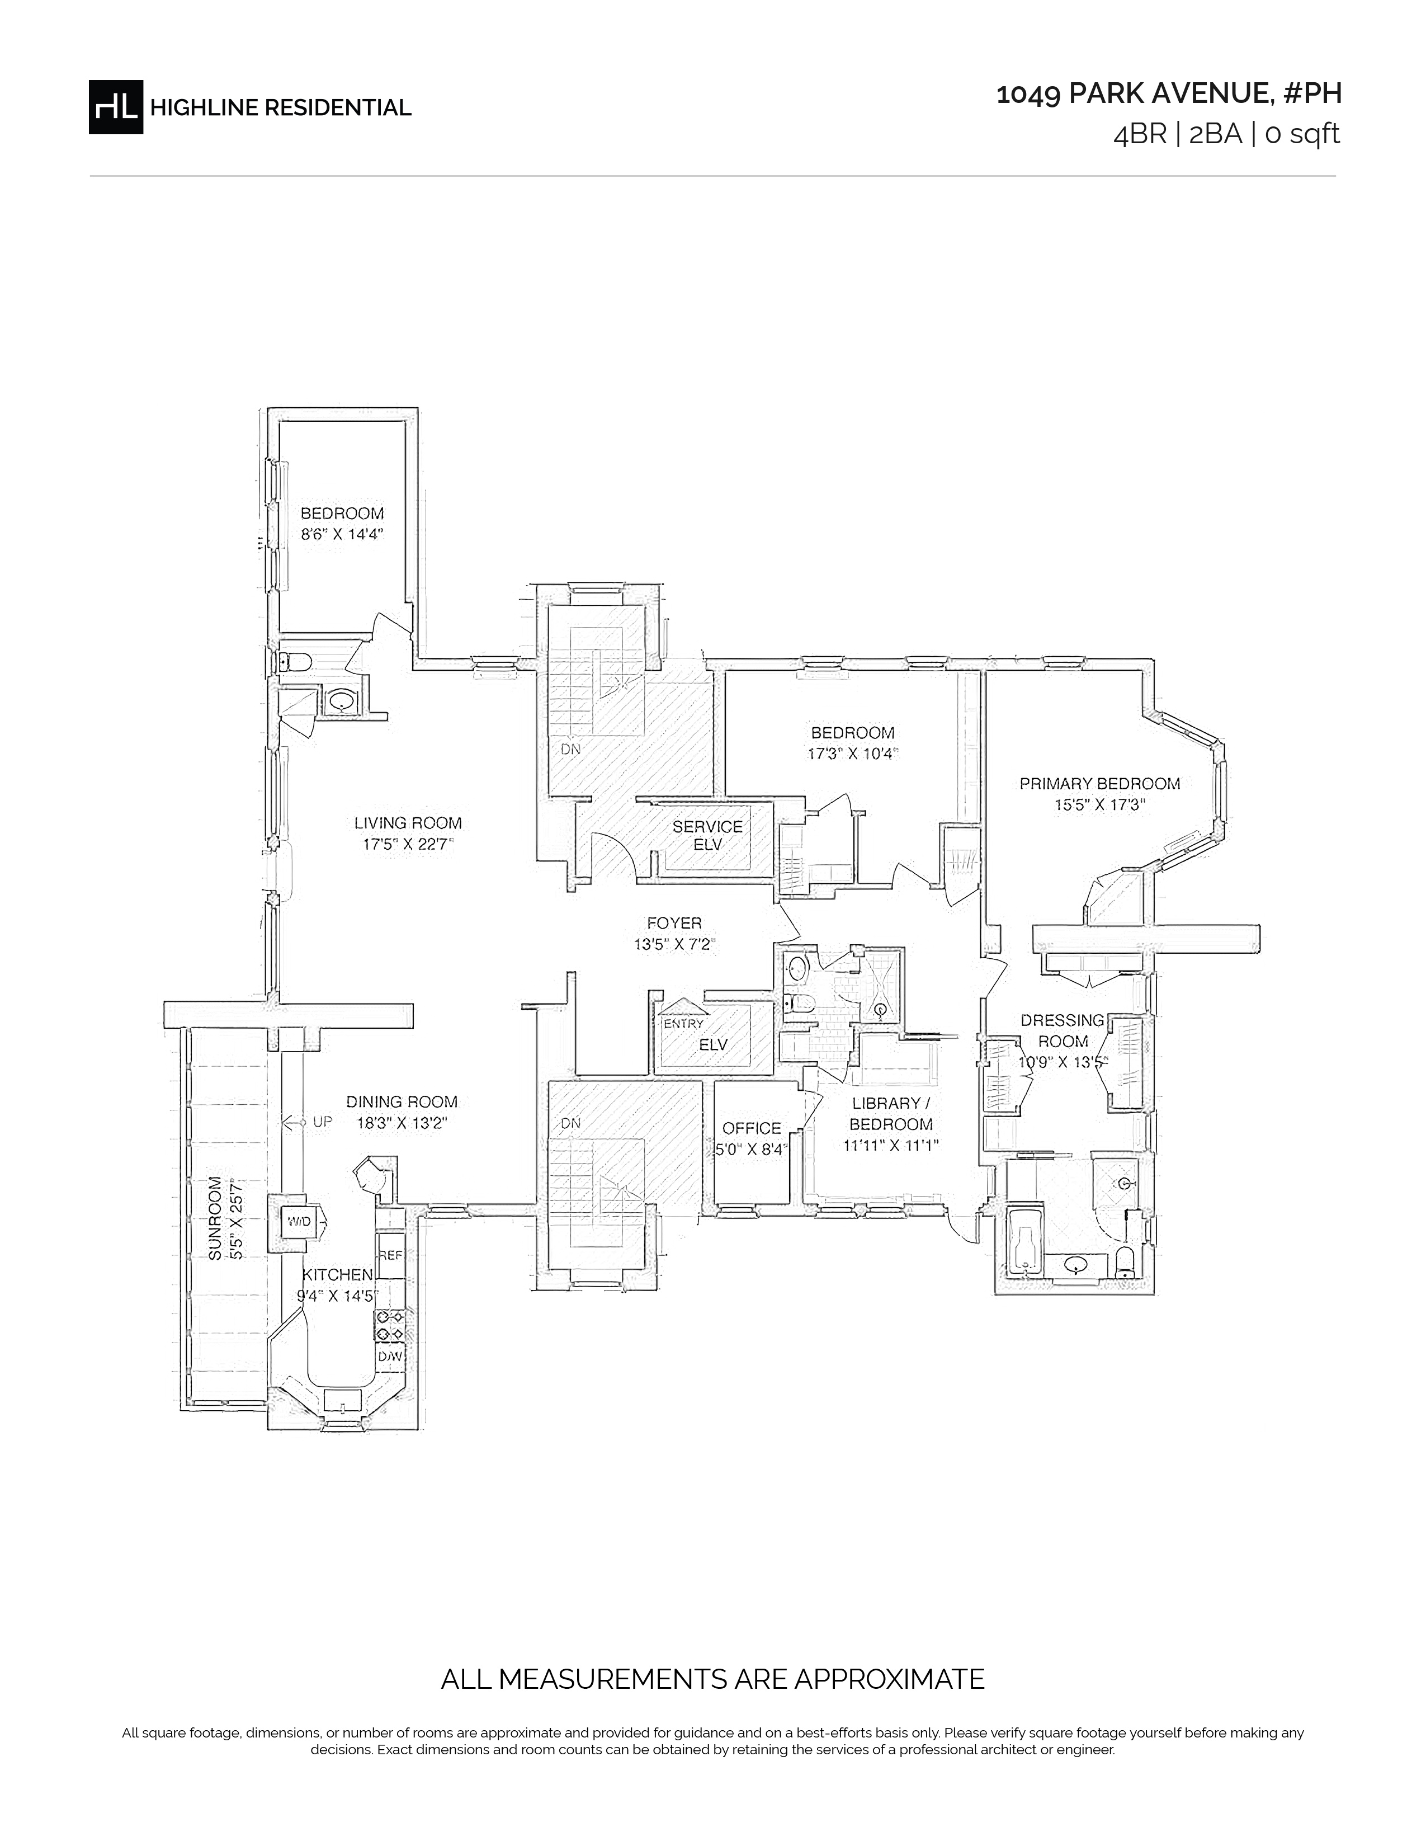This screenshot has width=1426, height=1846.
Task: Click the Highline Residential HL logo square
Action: pos(116,106)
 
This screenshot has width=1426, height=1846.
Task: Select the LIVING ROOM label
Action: pos(408,822)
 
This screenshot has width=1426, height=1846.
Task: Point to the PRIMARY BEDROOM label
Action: pos(1099,784)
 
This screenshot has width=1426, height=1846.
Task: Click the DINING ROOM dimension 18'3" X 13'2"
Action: pos(402,1123)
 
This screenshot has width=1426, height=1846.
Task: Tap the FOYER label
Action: pos(674,923)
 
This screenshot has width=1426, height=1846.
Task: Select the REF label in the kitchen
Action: pos(391,1255)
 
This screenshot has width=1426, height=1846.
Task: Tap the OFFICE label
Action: pos(752,1128)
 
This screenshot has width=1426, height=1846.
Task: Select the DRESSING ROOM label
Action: pos(1062,1030)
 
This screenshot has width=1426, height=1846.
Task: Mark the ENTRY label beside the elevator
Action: pos(683,1024)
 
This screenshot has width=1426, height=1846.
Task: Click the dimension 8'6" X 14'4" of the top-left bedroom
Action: pos(342,534)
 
